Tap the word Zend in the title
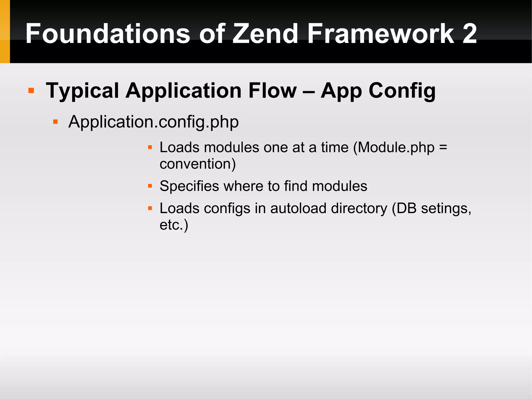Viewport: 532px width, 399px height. point(265,34)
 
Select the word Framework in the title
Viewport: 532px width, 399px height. point(381,34)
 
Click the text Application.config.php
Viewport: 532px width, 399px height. point(153,122)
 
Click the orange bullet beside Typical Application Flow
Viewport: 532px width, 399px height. point(31,90)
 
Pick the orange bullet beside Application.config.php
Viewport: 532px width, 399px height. point(55,122)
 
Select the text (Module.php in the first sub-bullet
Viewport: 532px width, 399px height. point(394,148)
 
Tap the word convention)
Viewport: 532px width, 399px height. point(197,164)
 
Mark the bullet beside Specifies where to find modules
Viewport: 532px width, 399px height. point(150,186)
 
